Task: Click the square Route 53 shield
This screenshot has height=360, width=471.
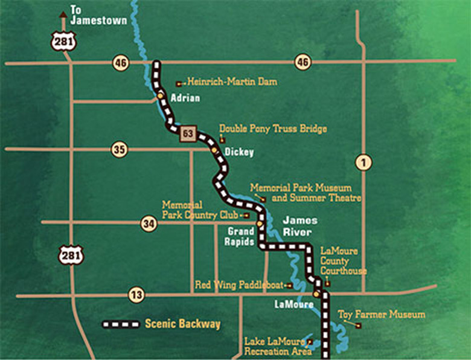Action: click(x=188, y=134)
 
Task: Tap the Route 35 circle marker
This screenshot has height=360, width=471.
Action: click(x=120, y=150)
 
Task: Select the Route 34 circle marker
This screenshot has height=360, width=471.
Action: click(x=149, y=224)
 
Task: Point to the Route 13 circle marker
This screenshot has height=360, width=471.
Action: click(x=136, y=295)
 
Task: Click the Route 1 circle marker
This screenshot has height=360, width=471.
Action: click(x=364, y=162)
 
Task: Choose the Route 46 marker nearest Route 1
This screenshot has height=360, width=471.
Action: click(x=303, y=62)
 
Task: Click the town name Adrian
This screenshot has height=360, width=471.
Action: click(x=185, y=98)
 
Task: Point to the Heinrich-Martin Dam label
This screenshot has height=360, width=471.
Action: click(x=232, y=82)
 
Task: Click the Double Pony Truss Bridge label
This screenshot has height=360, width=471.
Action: click(x=273, y=129)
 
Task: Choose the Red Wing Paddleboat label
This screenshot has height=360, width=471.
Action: click(x=240, y=284)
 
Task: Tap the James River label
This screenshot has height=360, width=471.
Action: click(x=298, y=226)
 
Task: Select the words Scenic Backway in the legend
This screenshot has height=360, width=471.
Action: click(x=182, y=324)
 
